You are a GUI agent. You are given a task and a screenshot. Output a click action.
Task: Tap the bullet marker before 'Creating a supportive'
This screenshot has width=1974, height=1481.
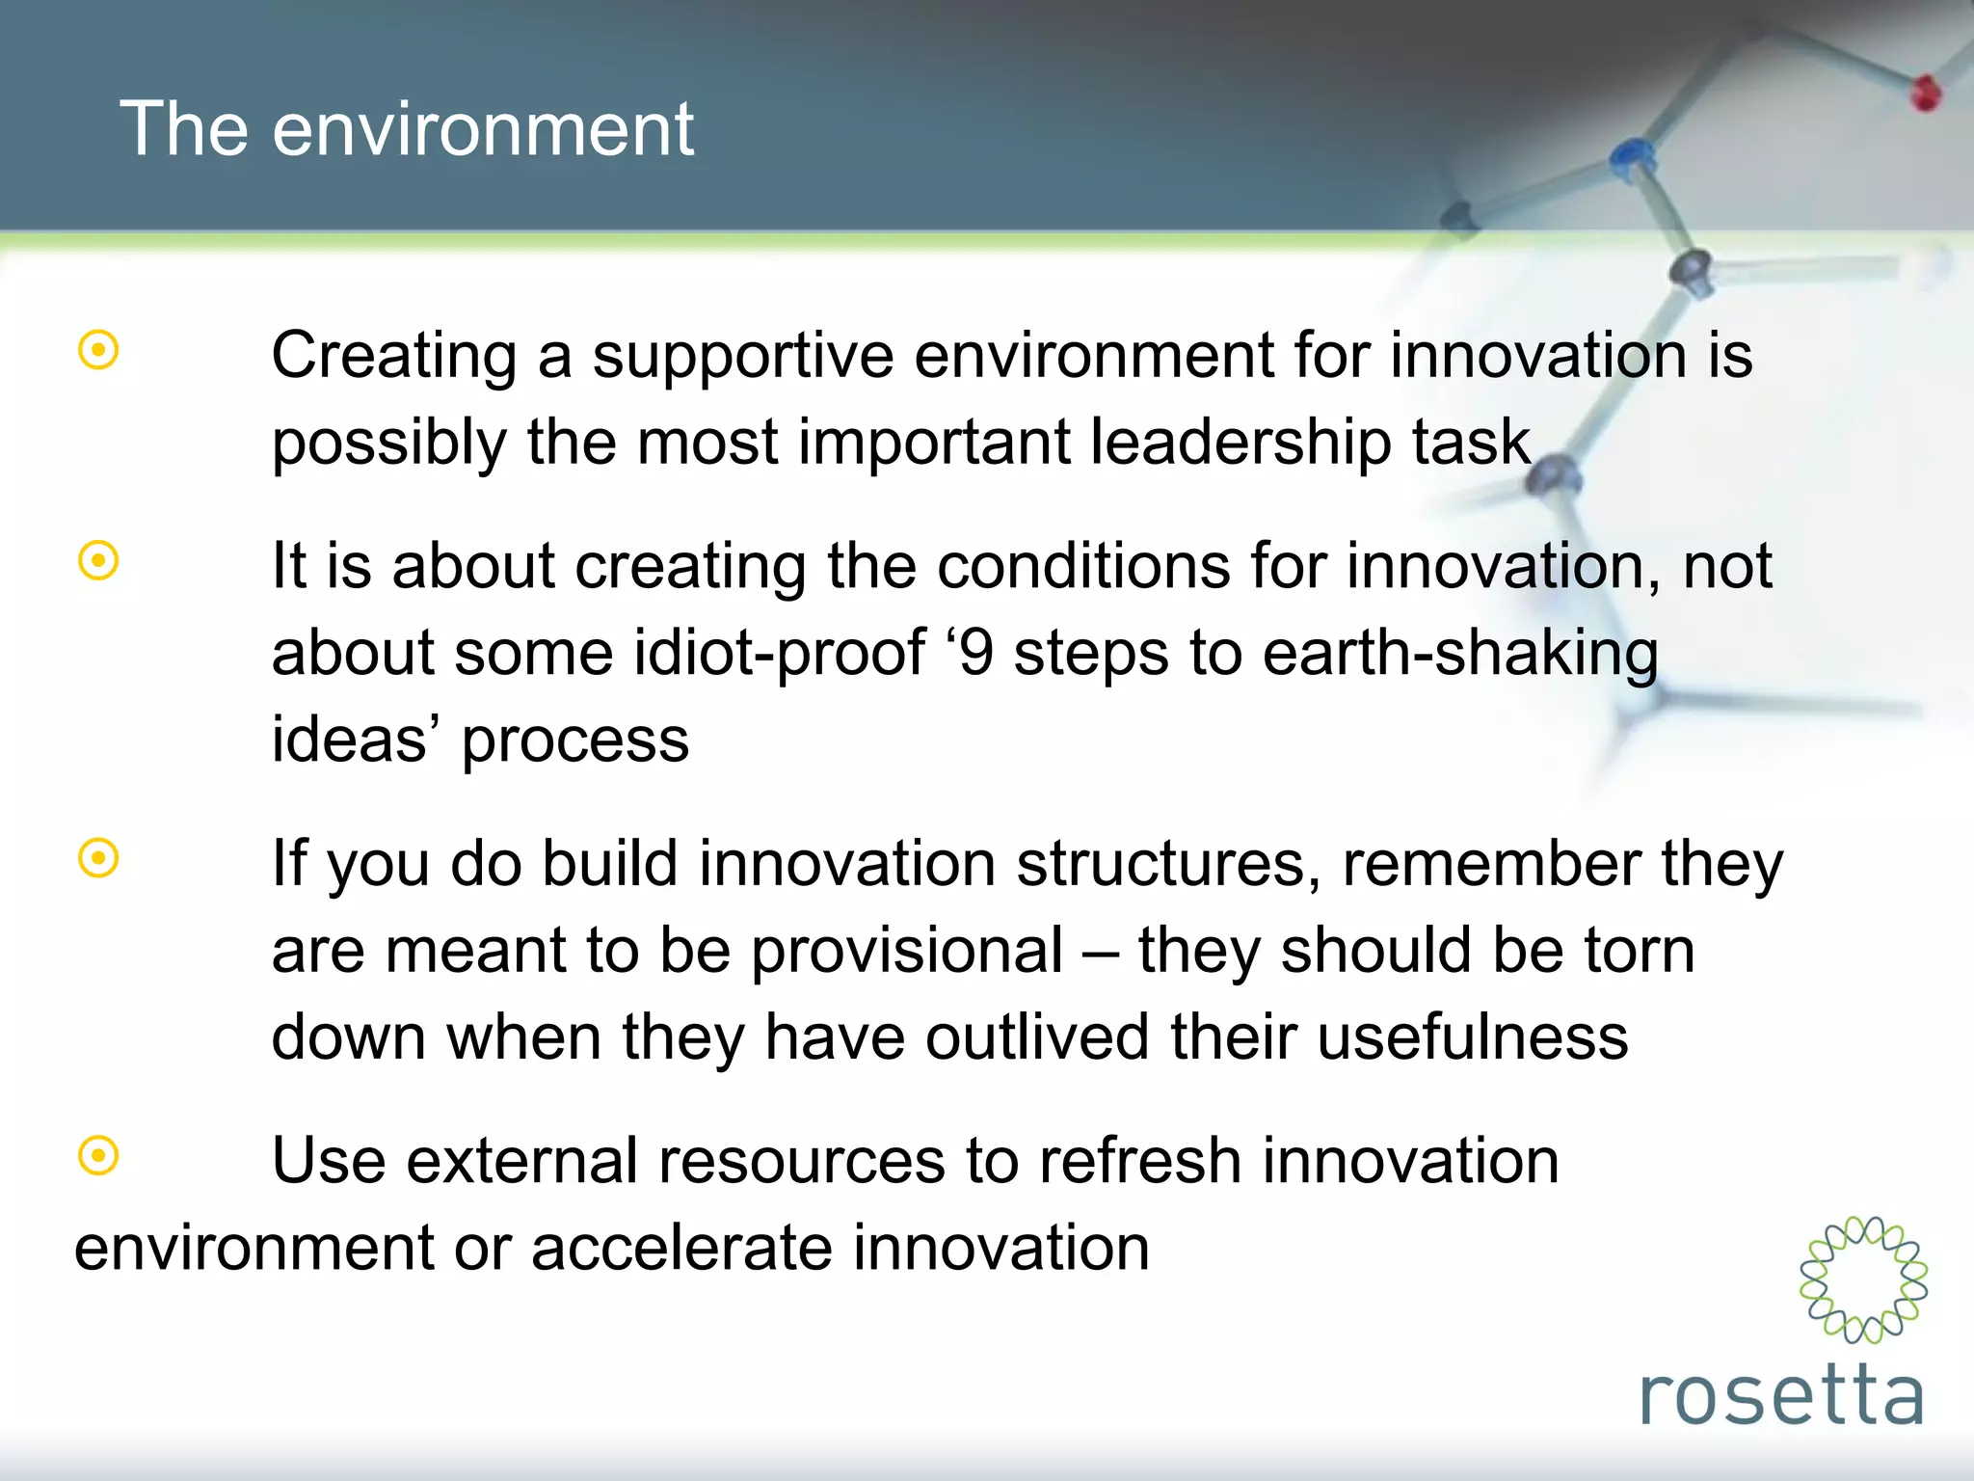98,351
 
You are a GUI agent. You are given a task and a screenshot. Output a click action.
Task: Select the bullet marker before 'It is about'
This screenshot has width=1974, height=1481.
98,560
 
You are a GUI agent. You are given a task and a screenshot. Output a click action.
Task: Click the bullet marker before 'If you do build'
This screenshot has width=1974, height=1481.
98,858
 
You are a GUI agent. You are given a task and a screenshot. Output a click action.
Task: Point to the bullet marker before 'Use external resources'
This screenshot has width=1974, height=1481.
98,1155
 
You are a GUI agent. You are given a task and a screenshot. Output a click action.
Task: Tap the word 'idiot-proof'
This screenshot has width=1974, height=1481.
780,654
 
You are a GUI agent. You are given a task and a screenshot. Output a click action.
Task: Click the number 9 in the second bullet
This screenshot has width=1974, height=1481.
976,654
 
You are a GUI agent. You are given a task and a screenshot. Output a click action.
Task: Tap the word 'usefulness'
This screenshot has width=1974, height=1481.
1472,1037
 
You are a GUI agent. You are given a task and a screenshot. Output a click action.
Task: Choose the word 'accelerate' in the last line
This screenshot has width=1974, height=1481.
680,1248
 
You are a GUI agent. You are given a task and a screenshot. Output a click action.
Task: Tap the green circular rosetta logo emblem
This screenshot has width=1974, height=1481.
1863,1279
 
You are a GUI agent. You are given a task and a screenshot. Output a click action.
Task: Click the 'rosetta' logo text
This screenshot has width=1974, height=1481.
1781,1395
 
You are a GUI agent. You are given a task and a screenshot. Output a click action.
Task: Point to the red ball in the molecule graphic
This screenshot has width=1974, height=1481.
1926,94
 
